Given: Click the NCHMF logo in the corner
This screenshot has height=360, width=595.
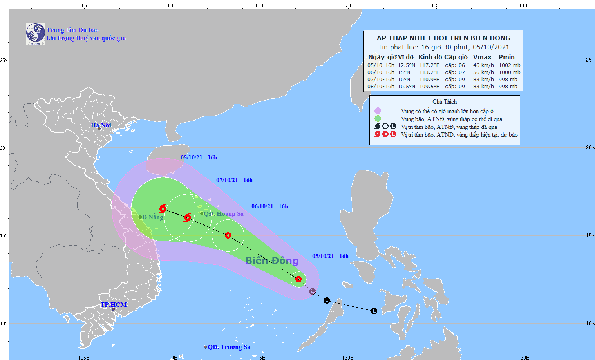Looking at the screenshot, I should coord(35,34).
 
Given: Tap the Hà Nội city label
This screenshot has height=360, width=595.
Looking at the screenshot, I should coord(101,125).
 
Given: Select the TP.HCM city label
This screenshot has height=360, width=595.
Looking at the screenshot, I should coord(114,305).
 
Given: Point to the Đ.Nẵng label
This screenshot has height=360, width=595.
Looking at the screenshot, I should coord(152,217).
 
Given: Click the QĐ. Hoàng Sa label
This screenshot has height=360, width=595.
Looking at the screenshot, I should coord(224,214).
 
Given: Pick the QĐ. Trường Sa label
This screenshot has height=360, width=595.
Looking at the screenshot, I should coord(229,347).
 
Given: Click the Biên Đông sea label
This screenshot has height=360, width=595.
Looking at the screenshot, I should coord(272,261).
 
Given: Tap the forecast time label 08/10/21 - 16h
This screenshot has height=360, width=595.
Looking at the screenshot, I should coord(199,157).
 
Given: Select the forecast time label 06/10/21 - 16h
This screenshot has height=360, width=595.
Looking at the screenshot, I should coord(269,206).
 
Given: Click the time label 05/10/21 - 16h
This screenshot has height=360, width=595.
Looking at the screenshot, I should coord(330,256).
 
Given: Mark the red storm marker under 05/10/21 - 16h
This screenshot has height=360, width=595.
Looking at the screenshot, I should coord(298,279).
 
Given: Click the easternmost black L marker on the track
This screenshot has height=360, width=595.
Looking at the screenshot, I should coord(374,311).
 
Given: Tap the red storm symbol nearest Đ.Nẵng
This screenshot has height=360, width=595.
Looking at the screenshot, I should coord(163,209).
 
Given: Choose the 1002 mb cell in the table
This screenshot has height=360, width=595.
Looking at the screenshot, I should coord(509,65).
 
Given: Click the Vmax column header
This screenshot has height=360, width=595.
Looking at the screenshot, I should coord(482,57).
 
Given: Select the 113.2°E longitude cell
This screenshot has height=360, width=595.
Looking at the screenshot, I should coord(429,72).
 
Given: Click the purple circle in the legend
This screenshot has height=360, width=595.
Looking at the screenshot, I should coord(378,111).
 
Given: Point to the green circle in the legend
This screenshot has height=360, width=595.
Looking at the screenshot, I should coord(378,119).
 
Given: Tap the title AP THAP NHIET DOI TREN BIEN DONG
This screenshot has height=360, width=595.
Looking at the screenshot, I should coord(443,38).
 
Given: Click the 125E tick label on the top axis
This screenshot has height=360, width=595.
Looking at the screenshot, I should coord(436,5).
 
